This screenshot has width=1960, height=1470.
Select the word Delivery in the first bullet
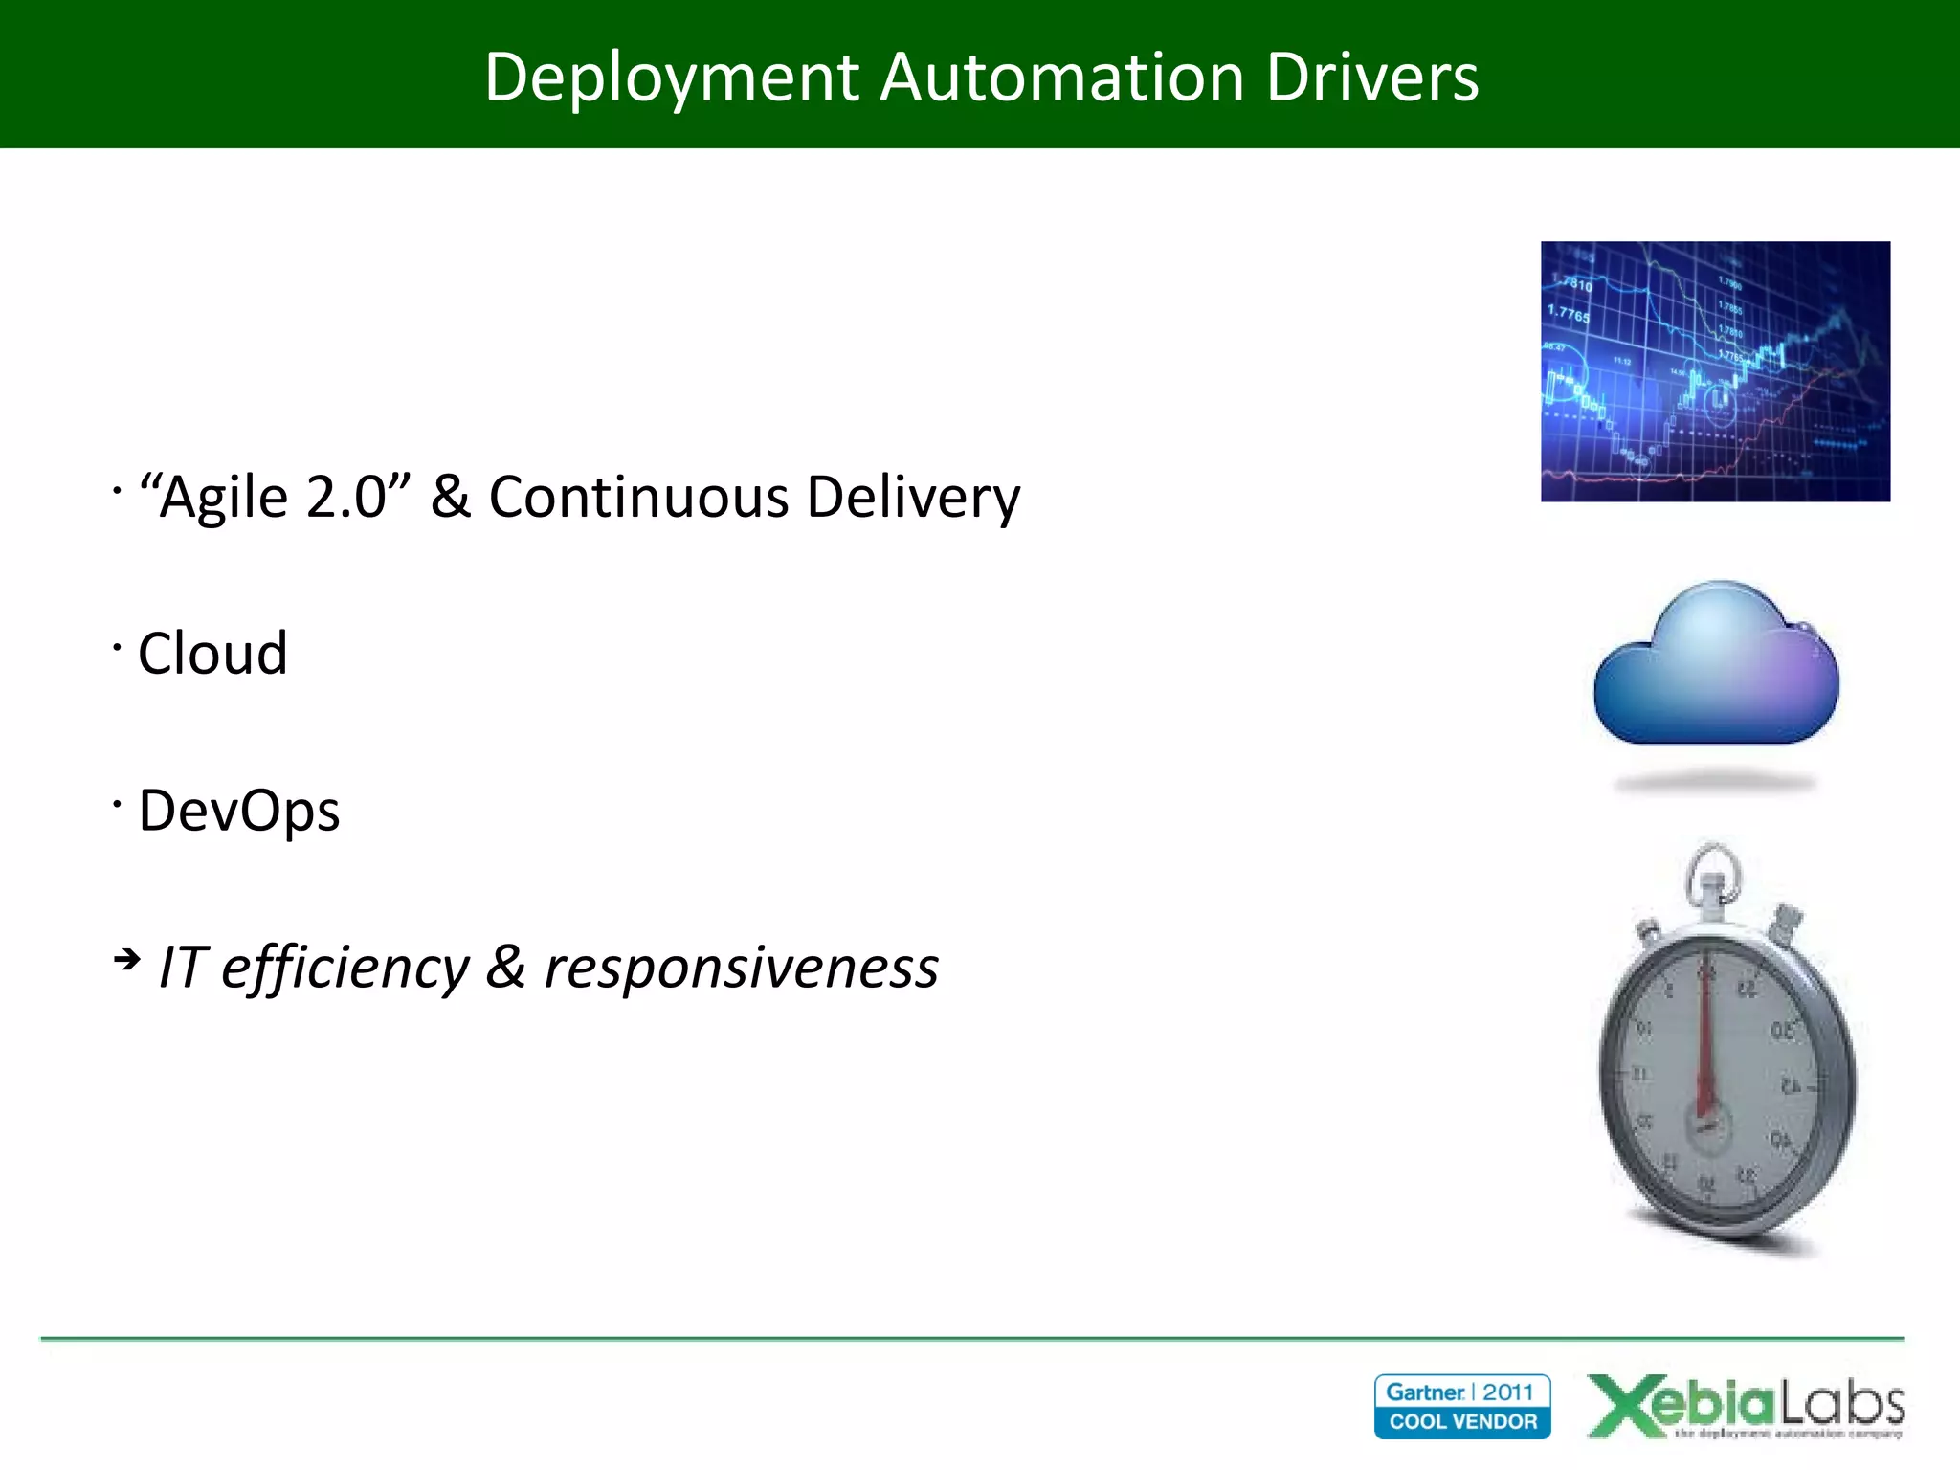tap(913, 498)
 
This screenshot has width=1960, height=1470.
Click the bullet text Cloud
tap(212, 654)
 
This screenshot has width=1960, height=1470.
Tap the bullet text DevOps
tap(239, 811)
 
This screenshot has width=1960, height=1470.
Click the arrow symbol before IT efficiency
tap(126, 958)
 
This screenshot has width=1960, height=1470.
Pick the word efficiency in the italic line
tap(345, 969)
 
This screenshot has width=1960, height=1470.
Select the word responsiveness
tap(741, 969)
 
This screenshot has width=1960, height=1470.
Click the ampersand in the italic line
tap(505, 967)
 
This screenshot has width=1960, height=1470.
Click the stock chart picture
tap(1715, 371)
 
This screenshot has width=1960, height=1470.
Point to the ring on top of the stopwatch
tap(1713, 869)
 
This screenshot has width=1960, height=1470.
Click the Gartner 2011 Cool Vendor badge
tap(1462, 1406)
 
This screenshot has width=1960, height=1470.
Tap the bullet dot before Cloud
tap(117, 647)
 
